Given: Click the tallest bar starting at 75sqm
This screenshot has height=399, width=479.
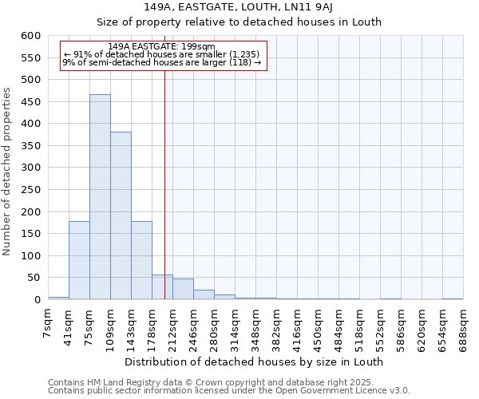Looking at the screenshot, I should (x=100, y=197).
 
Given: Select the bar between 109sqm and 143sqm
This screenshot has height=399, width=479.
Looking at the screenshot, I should (x=121, y=215).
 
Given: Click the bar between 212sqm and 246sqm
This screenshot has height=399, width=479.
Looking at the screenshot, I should (x=183, y=289).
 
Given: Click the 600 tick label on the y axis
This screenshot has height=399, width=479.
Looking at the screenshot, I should (x=30, y=36).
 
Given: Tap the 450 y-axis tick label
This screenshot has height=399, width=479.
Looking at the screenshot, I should (x=30, y=102).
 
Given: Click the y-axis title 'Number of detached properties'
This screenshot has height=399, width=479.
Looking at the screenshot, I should (x=8, y=172).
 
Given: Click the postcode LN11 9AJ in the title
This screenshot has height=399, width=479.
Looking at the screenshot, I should (x=311, y=7).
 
